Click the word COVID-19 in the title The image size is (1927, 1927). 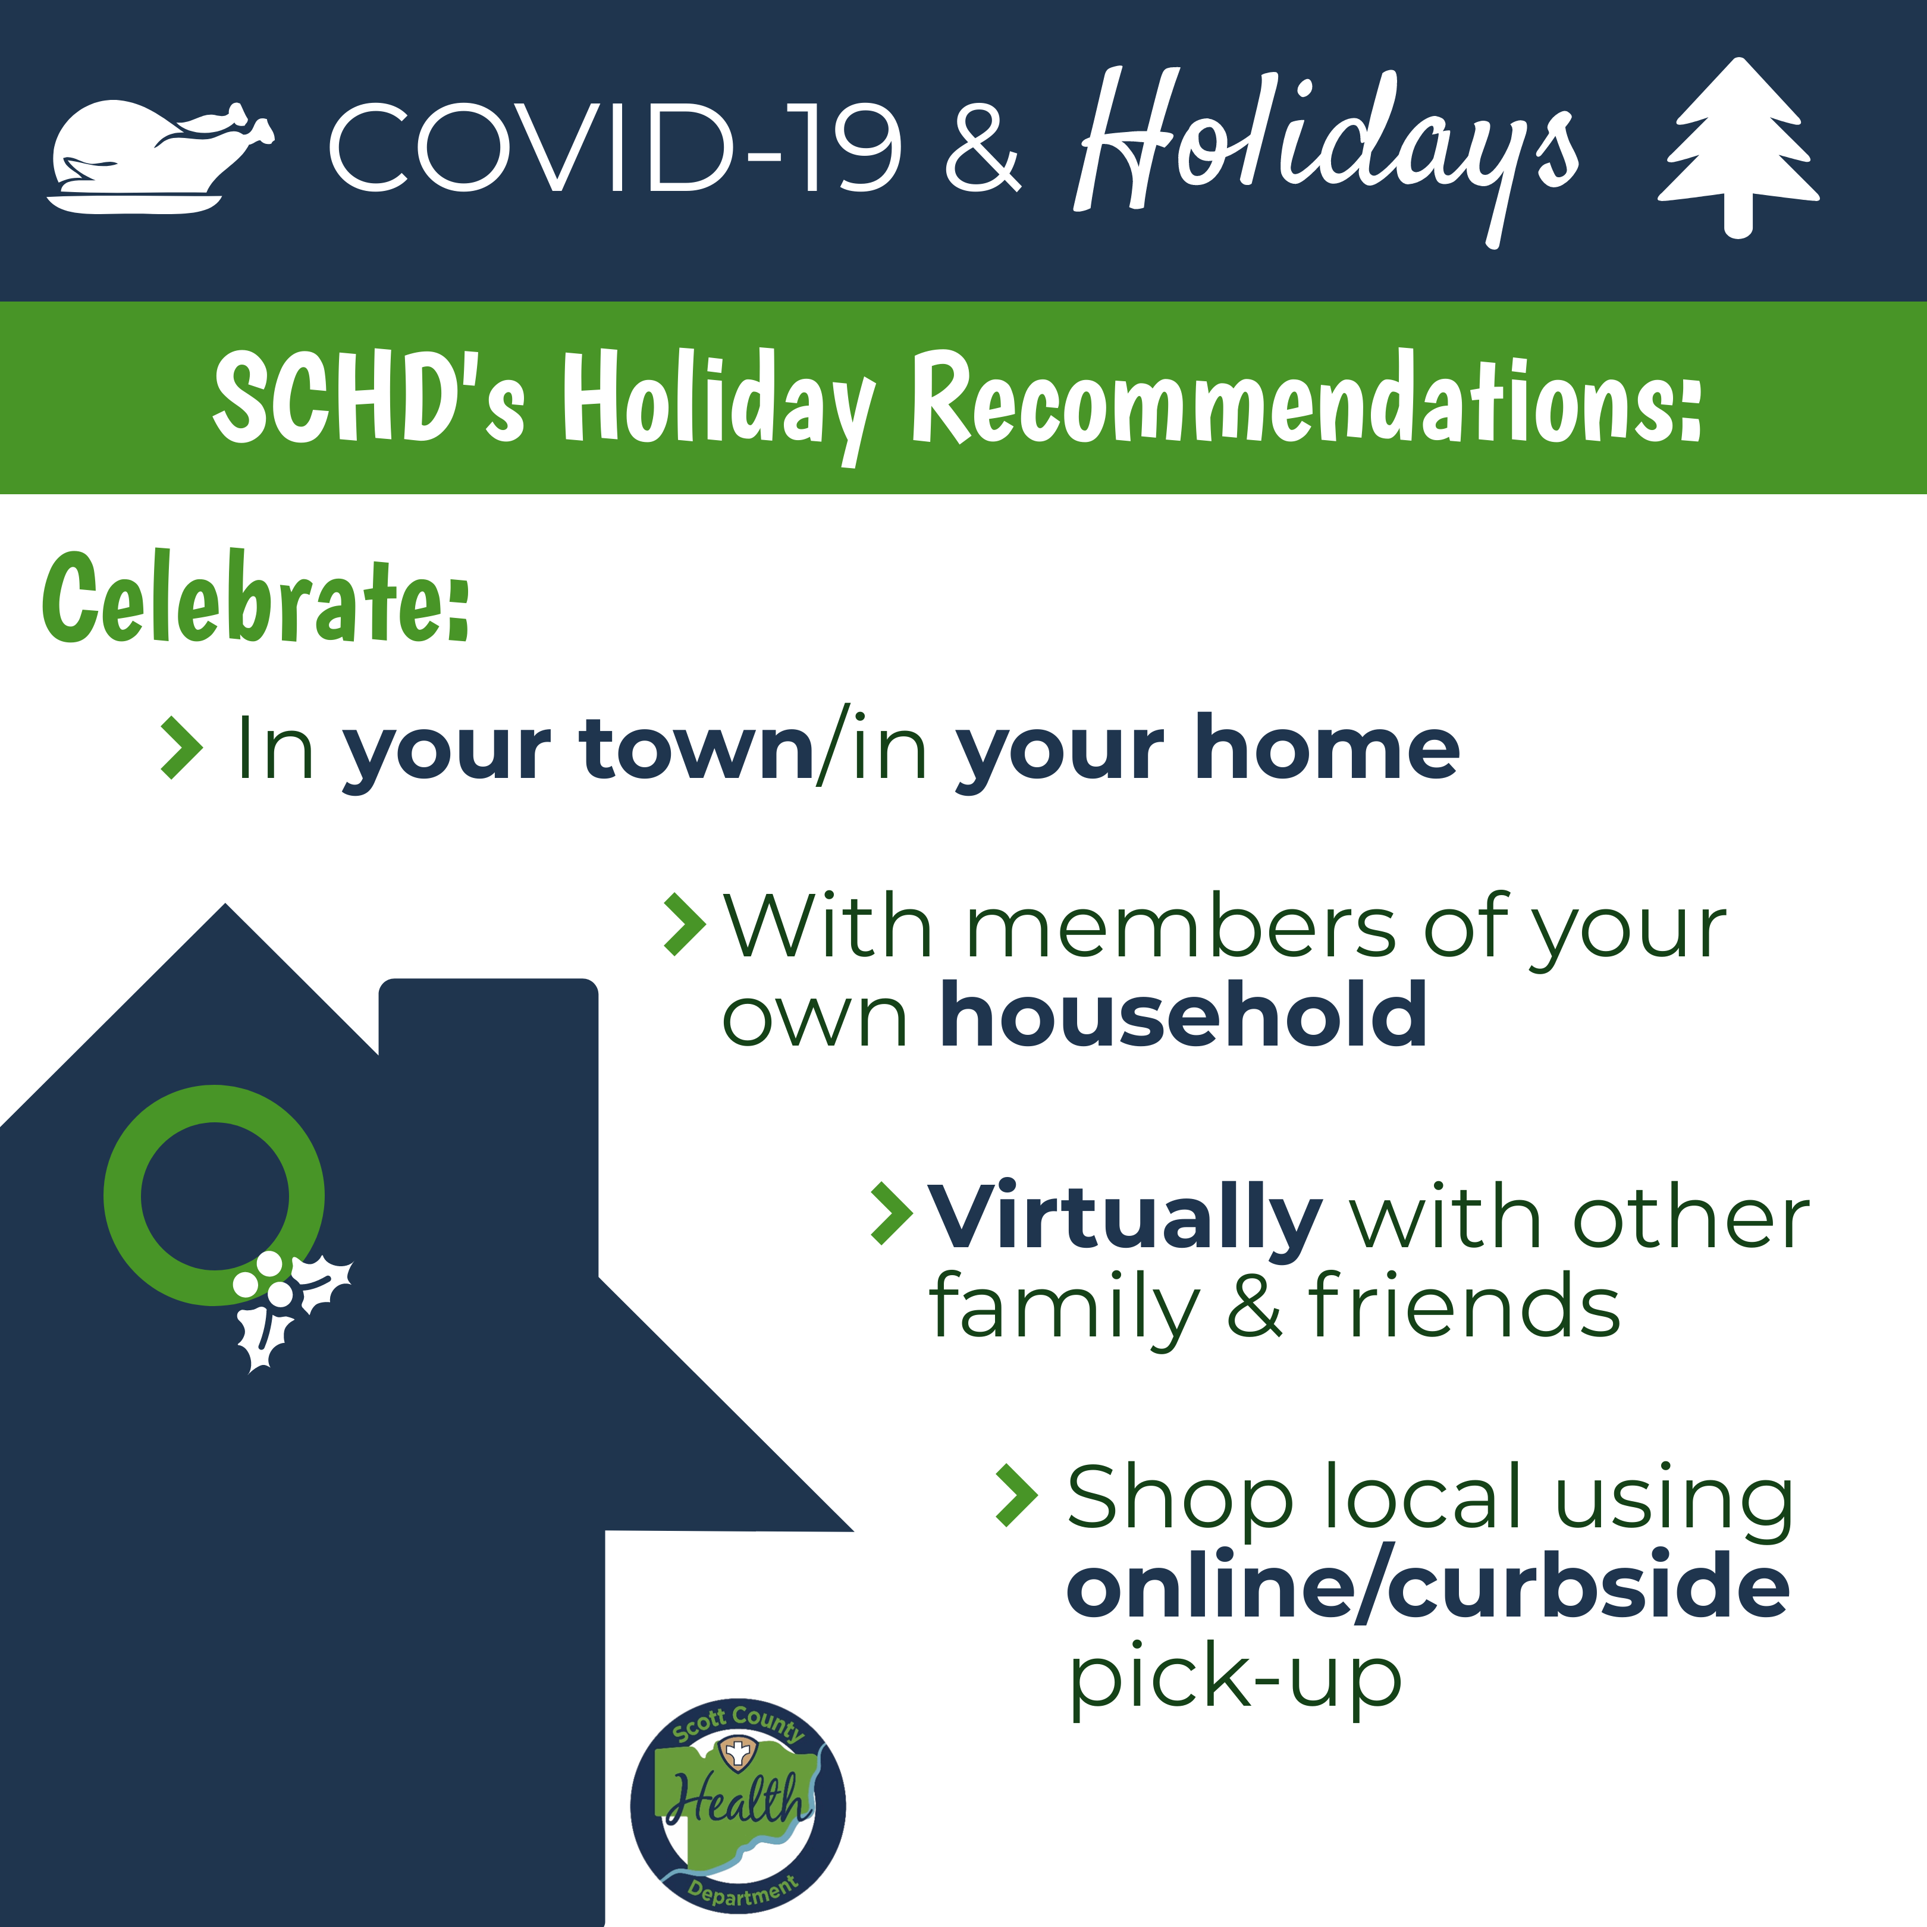(616, 147)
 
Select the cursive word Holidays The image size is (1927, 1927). (1326, 150)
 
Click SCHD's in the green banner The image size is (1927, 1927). (369, 397)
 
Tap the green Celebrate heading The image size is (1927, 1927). (255, 598)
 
